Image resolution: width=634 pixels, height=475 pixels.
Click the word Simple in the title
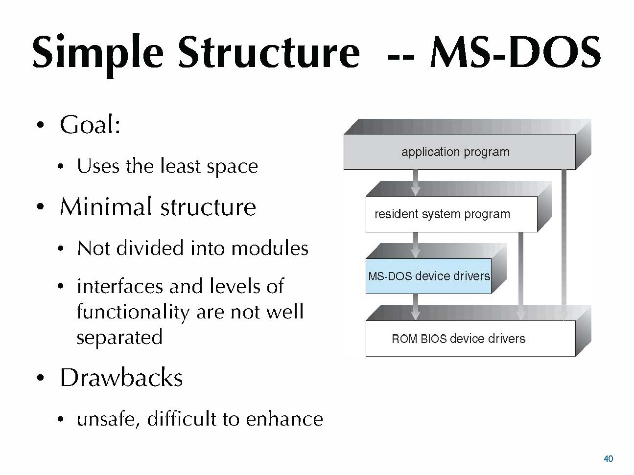point(98,54)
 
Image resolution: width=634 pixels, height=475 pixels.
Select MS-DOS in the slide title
point(516,52)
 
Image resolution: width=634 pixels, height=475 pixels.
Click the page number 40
point(608,458)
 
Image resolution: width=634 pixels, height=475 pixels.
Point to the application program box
point(459,152)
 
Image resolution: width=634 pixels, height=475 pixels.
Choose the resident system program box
point(451,214)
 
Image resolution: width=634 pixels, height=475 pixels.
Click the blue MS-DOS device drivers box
point(428,276)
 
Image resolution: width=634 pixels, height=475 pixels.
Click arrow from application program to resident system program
point(415,182)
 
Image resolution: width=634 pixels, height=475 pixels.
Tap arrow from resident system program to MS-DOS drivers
point(415,245)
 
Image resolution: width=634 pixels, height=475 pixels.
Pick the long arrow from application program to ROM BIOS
point(564,245)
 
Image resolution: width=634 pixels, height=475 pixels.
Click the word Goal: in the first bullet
point(90,125)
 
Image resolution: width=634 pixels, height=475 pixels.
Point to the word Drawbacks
point(121,378)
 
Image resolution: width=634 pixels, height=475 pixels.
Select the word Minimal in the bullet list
point(106,206)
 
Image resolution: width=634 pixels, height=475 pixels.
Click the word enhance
point(284,419)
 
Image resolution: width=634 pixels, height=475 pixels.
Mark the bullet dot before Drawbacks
point(41,378)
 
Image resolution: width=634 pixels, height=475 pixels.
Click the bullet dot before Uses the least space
point(60,166)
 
